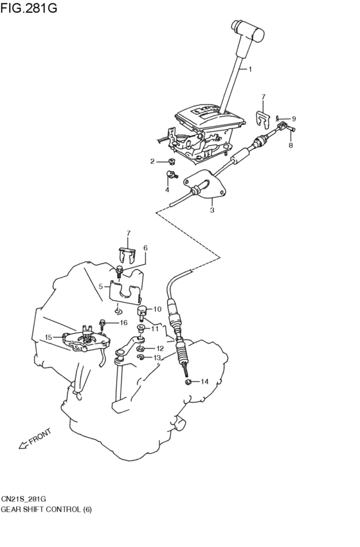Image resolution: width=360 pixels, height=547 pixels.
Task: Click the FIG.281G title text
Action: [29, 8]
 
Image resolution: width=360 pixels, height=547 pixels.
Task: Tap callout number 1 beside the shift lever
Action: [250, 69]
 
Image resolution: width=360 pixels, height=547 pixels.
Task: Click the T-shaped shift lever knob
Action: [249, 31]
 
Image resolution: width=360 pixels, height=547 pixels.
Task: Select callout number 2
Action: [152, 161]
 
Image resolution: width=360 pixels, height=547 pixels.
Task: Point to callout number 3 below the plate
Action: [212, 210]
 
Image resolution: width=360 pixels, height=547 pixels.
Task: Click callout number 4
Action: [167, 190]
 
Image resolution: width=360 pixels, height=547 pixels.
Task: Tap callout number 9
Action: [294, 119]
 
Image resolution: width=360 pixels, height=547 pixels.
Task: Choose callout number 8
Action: [291, 145]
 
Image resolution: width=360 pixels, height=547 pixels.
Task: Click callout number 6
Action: [145, 248]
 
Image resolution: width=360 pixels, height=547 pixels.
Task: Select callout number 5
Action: [101, 287]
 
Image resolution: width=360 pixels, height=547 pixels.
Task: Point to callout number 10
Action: [157, 309]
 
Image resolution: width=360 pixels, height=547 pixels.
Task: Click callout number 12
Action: [160, 348]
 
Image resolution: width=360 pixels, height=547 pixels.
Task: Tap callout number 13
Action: [157, 357]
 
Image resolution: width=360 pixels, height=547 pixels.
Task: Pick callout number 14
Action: [204, 382]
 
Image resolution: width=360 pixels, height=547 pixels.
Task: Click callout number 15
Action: [48, 337]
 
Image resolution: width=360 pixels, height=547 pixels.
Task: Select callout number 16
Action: [123, 323]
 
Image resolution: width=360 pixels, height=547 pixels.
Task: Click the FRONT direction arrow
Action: [23, 445]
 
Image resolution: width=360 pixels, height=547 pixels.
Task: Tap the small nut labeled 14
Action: [187, 382]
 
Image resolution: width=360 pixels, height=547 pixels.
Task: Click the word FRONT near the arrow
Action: [40, 436]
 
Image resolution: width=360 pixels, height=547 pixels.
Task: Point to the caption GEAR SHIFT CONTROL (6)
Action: [46, 510]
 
